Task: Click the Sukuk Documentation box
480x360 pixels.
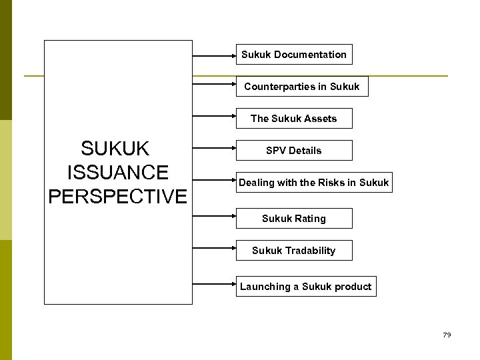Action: pos(294,55)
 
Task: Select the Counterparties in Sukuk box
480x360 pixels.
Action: pos(301,87)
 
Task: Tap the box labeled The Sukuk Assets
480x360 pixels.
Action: pos(294,119)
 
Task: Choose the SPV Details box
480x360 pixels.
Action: pos(294,151)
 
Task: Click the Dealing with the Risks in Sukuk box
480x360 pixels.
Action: pos(313,183)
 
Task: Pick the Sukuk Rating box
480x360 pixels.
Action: pos(294,219)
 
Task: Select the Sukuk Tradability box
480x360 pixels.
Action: pos(294,251)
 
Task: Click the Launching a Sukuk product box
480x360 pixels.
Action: pos(306,287)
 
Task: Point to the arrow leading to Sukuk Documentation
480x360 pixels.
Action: pos(214,55)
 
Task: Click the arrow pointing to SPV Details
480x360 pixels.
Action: pos(214,151)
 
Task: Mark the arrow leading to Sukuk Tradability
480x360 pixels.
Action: pos(214,251)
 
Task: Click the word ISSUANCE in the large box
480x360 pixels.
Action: pos(117,172)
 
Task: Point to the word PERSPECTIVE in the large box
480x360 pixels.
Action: pos(117,196)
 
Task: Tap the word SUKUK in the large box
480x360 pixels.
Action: pos(115,148)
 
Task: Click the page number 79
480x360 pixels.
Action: pos(447,335)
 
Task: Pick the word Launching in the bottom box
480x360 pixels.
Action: pos(265,287)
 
